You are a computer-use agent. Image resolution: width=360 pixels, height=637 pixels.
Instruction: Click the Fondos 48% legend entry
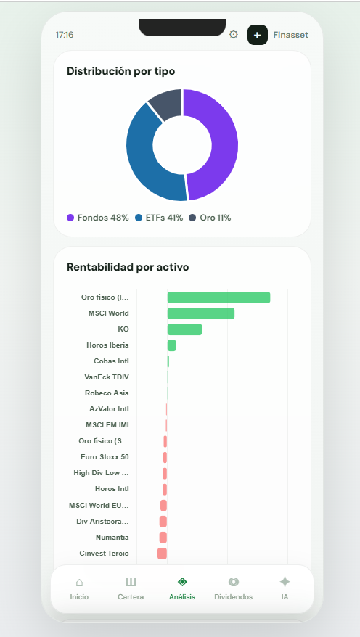point(98,218)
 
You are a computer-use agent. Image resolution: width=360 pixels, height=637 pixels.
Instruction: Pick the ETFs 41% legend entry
point(159,218)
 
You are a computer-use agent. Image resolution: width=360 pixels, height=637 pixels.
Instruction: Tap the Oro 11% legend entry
point(210,218)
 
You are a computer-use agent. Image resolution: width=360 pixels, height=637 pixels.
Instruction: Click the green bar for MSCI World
point(200,313)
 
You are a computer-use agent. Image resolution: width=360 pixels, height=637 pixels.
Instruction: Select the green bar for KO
point(184,329)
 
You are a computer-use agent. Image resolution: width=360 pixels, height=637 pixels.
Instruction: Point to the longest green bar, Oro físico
point(218,297)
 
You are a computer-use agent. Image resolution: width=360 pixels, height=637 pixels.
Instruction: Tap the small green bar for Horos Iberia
point(172,345)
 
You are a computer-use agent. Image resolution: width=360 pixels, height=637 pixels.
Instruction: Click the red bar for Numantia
point(163,538)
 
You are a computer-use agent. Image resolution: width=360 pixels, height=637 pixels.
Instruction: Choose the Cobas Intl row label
point(111,361)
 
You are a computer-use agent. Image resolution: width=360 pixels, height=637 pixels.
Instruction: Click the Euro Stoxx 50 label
point(105,457)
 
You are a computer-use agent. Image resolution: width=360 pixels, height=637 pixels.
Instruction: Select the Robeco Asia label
point(107,393)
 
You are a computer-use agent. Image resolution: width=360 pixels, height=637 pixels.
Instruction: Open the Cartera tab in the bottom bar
point(131,588)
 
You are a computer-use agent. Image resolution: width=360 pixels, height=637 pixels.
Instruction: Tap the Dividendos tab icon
point(234,582)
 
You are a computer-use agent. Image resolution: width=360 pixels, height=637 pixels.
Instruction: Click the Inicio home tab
point(79,588)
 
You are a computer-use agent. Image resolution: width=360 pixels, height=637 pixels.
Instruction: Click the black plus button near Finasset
point(258,35)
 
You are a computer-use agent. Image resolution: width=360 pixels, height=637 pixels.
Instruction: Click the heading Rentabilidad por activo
point(128,267)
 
